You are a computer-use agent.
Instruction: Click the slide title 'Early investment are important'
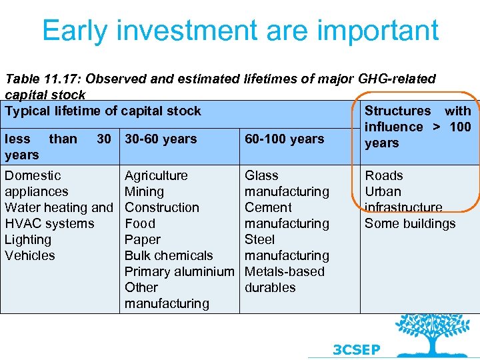click(x=240, y=31)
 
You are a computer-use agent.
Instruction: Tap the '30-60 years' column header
click(x=161, y=139)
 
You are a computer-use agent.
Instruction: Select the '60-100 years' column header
click(x=284, y=139)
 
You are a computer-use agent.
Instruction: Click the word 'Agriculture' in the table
click(x=156, y=176)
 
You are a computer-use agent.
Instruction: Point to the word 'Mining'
click(x=144, y=192)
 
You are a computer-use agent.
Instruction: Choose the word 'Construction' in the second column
click(x=162, y=208)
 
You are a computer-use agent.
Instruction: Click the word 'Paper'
click(x=143, y=240)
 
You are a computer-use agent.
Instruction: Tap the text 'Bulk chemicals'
click(x=169, y=256)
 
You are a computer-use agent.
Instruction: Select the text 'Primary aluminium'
click(x=179, y=272)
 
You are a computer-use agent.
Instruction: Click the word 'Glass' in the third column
click(x=261, y=176)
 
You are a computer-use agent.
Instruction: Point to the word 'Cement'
click(x=268, y=208)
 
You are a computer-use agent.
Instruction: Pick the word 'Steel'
click(x=260, y=240)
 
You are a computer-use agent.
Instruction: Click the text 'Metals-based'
click(x=285, y=272)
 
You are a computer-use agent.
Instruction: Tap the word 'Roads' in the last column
click(x=384, y=176)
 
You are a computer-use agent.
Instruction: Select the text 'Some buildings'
click(x=410, y=224)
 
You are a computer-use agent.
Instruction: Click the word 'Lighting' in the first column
click(x=28, y=240)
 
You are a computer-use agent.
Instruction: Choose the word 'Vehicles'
click(x=30, y=256)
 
